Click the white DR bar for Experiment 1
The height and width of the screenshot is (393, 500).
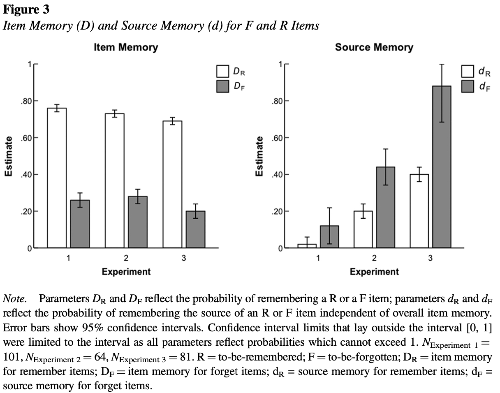(57, 178)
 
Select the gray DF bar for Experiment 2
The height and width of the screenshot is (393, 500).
(138, 222)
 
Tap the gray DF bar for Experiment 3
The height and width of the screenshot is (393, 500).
(195, 229)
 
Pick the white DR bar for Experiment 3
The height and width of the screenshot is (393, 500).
(172, 184)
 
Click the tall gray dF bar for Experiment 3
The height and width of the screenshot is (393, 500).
(442, 167)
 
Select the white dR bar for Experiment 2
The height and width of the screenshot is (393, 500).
(363, 229)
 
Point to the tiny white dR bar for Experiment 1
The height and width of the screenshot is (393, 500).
(307, 246)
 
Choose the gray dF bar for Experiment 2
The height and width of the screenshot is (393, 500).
(386, 207)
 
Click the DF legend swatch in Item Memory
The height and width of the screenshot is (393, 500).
(222, 87)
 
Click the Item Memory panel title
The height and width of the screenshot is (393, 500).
(126, 47)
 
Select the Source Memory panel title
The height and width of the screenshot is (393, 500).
(374, 47)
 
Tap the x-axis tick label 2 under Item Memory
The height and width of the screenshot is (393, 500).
(126, 259)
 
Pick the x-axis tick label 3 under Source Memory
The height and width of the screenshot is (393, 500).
(430, 259)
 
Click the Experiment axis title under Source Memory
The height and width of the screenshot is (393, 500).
(374, 272)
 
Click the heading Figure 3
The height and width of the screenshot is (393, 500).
(26, 9)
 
